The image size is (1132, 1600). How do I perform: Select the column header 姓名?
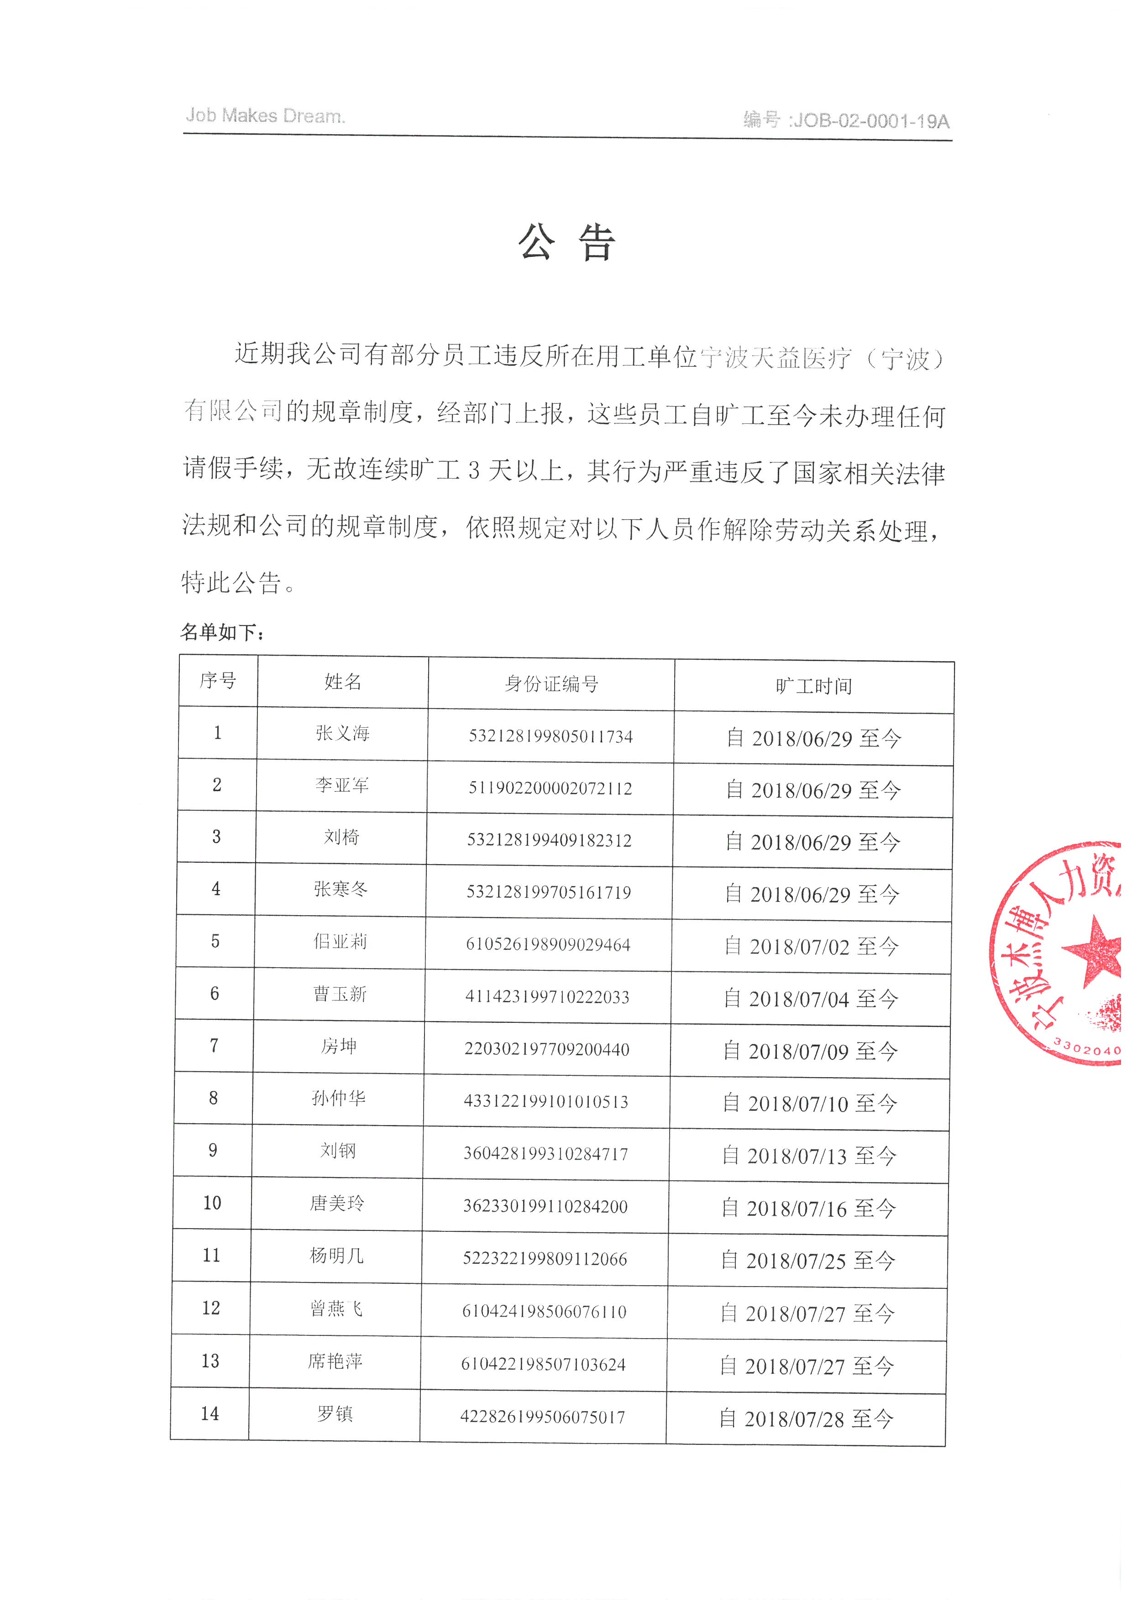click(343, 682)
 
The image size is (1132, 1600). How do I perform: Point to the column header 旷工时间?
click(813, 687)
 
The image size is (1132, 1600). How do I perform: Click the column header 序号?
click(218, 680)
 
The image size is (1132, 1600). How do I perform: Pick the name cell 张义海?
click(342, 733)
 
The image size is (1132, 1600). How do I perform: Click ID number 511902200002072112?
click(550, 788)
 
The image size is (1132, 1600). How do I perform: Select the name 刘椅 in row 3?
click(341, 837)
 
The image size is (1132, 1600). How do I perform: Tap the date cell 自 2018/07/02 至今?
click(812, 946)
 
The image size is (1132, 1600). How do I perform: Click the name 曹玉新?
click(340, 994)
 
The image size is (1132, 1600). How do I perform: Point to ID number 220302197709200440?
click(547, 1049)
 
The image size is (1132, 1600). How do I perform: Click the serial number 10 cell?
click(212, 1203)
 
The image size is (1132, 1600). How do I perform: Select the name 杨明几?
click(337, 1256)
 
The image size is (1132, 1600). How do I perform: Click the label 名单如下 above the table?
click(222, 632)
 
